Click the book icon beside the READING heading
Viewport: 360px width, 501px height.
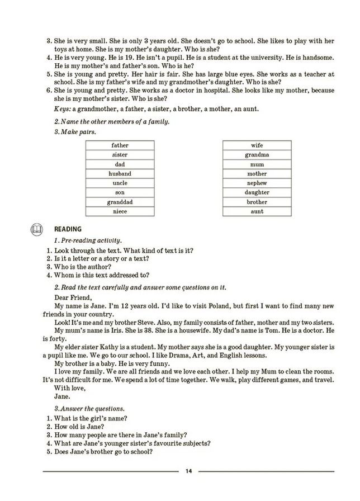click(x=36, y=229)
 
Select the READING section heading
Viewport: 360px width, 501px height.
click(x=68, y=229)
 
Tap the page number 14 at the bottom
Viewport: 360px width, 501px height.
click(x=188, y=472)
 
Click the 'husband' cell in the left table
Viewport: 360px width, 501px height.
click(x=120, y=174)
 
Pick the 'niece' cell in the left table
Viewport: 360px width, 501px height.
click(x=120, y=212)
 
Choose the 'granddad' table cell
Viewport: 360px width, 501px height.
click(x=120, y=202)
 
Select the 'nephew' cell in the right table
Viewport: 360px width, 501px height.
click(x=257, y=183)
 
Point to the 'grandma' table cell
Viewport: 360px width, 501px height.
click(x=257, y=155)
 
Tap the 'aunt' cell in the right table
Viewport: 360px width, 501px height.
click(x=257, y=212)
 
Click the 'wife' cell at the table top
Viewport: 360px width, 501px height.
click(x=257, y=145)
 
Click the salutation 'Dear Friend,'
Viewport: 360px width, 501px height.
click(x=73, y=297)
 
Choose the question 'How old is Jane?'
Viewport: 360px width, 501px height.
click(x=79, y=427)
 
